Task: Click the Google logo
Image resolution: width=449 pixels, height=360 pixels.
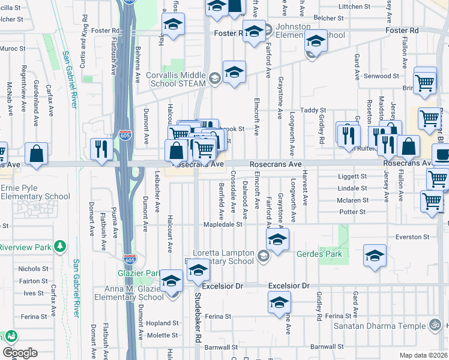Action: (x=20, y=353)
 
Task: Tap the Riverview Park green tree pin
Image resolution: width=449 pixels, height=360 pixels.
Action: (x=59, y=247)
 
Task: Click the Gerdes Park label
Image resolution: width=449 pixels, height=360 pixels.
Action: (x=319, y=254)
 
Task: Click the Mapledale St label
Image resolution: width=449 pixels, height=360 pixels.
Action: (x=225, y=225)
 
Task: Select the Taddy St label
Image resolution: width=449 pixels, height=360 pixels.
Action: (x=313, y=110)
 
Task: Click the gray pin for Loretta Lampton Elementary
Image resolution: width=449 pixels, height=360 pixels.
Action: (x=263, y=257)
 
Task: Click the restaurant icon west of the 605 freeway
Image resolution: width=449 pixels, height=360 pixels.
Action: (x=100, y=149)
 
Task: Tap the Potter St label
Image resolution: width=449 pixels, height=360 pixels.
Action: (x=352, y=212)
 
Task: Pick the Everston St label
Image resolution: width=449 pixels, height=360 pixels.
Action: (x=412, y=237)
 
